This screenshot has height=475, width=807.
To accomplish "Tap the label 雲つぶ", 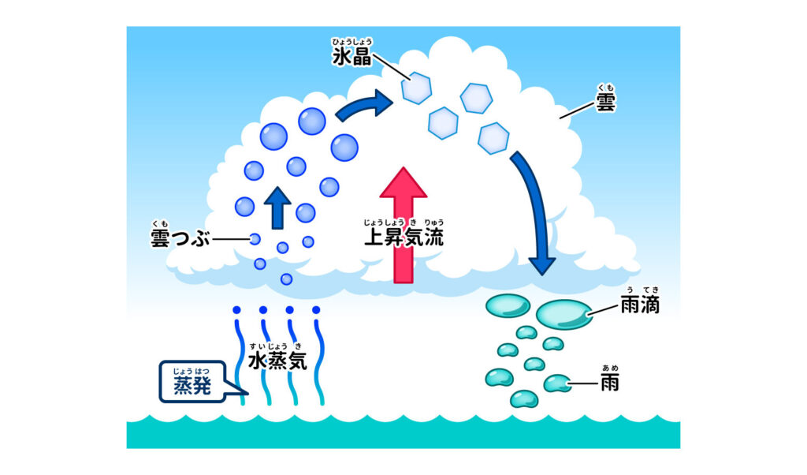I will [180, 238].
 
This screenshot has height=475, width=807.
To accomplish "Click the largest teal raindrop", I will [564, 313].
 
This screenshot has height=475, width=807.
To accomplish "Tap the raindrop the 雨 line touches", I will [557, 384].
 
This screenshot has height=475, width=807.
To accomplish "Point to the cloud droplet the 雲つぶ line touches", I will [255, 238].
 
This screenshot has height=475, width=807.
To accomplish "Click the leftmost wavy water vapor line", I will [237, 355].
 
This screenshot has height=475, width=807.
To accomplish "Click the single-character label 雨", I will [609, 384].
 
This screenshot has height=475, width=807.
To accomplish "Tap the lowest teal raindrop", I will [523, 398].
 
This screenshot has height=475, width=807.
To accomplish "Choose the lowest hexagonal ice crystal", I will [493, 137].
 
